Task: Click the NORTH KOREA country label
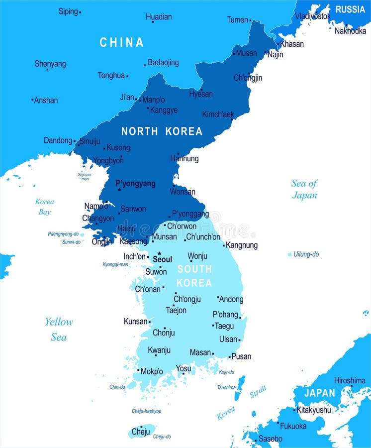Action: (x=162, y=131)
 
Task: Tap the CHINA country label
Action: (x=121, y=43)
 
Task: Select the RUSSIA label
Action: (x=350, y=9)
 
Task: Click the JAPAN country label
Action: (x=319, y=393)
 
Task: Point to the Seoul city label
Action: (x=162, y=259)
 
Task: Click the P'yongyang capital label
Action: (x=135, y=184)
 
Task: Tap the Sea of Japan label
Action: (x=304, y=189)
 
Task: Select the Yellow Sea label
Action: (x=59, y=329)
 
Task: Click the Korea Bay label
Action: (x=44, y=207)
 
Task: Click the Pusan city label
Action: (x=241, y=356)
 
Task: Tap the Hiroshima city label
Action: (x=350, y=380)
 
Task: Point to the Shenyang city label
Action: (x=50, y=64)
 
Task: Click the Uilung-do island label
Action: (x=306, y=254)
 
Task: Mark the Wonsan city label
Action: (x=183, y=192)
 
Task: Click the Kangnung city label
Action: (x=242, y=245)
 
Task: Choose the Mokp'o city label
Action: (x=152, y=371)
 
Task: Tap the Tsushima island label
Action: (x=226, y=387)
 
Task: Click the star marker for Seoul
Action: (x=159, y=253)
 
